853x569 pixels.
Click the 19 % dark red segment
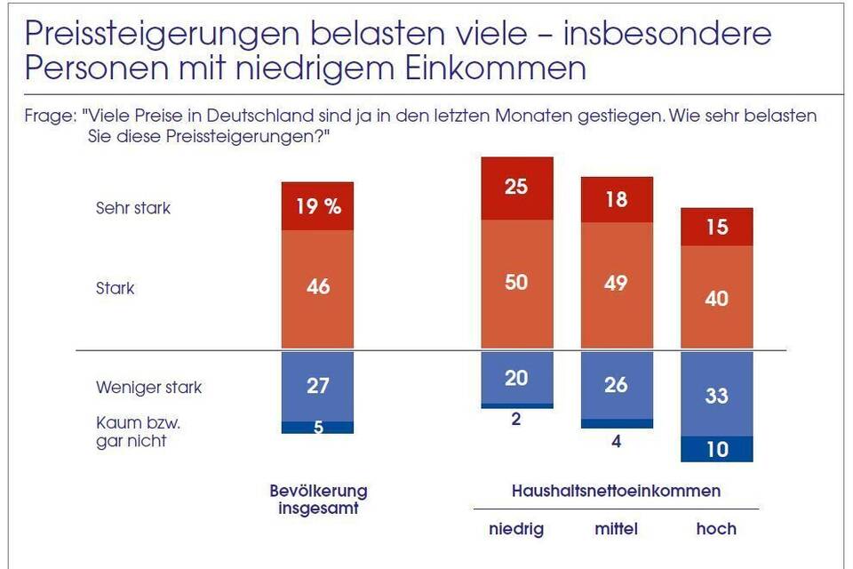tap(317, 206)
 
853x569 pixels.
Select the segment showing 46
tap(317, 287)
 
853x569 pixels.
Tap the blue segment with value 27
tap(317, 386)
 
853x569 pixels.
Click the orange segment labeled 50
tap(516, 283)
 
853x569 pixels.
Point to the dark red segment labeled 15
tap(716, 227)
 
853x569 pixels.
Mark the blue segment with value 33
tap(716, 394)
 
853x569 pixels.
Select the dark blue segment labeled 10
tap(716, 449)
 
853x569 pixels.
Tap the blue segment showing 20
tap(516, 378)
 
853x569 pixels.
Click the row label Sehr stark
tap(133, 209)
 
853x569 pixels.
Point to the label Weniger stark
tap(148, 388)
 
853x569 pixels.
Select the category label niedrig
tap(516, 529)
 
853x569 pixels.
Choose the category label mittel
tap(616, 529)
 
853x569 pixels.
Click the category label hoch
tap(716, 529)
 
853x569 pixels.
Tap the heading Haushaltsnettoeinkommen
tap(616, 491)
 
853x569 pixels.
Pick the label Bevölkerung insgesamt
tap(318, 499)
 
